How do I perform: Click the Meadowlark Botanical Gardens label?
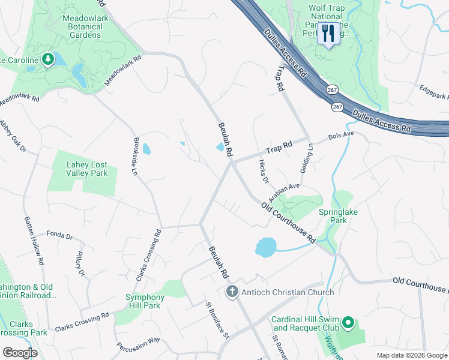82,26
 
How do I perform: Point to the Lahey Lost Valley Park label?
82,169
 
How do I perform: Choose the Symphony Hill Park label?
145,301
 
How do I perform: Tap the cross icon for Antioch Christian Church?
232,292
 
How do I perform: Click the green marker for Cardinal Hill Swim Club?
348,325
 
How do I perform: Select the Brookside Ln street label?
136,156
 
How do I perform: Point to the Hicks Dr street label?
262,171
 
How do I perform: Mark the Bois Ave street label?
341,136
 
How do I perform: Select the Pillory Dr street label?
80,264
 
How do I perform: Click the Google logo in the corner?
20,352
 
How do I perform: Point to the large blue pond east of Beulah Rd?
267,247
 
